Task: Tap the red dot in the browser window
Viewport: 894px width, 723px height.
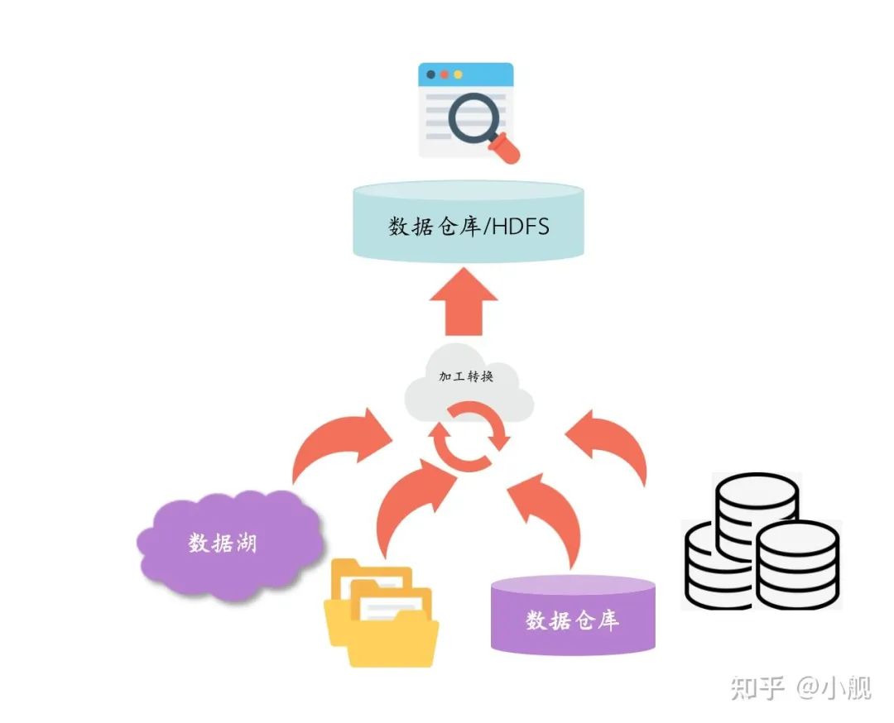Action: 444,74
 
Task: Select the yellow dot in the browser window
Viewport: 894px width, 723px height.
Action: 458,74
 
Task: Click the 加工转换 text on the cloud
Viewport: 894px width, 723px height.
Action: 466,376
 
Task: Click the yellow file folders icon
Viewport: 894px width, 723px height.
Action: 382,612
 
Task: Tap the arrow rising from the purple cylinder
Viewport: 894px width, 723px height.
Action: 546,513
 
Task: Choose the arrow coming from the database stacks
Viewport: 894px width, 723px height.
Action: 613,447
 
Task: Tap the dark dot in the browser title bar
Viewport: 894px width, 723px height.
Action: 430,74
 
